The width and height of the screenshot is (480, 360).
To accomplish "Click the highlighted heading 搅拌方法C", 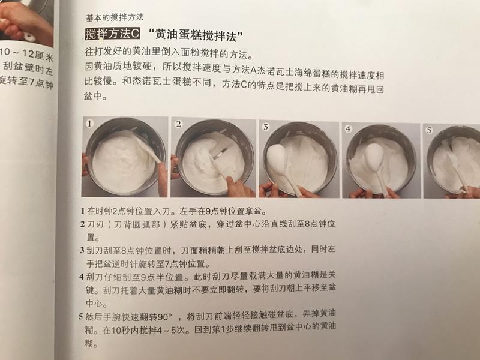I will pyautogui.click(x=112, y=33).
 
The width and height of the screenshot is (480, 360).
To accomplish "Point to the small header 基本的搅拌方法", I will pyautogui.click(x=115, y=17).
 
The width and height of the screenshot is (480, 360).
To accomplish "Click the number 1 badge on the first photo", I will pyautogui.click(x=90, y=124).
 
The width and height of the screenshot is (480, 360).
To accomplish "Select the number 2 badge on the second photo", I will pyautogui.click(x=178, y=124).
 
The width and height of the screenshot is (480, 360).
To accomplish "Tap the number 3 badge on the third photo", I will pyautogui.click(x=265, y=127).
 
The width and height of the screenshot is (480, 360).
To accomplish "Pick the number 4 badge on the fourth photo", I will pyautogui.click(x=349, y=128).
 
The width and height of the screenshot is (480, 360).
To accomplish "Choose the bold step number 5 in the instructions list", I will pyautogui.click(x=82, y=316).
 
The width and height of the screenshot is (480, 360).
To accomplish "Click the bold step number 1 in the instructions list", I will pyautogui.click(x=82, y=212).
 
